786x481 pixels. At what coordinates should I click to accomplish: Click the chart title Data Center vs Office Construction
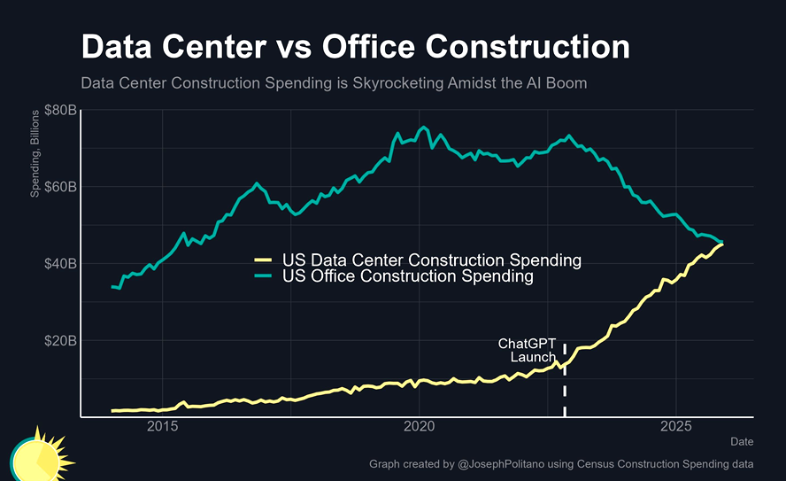pos(355,46)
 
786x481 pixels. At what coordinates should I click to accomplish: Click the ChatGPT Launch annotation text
pos(528,350)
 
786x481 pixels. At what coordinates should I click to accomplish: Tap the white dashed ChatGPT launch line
pos(565,390)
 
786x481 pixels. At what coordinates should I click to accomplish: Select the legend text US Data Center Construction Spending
pos(431,260)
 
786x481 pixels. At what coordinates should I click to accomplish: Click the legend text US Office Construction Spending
pos(408,276)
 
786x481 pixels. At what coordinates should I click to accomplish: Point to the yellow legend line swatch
pos(263,260)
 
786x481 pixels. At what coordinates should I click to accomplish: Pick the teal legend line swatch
pos(263,276)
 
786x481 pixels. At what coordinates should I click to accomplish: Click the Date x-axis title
pos(742,441)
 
